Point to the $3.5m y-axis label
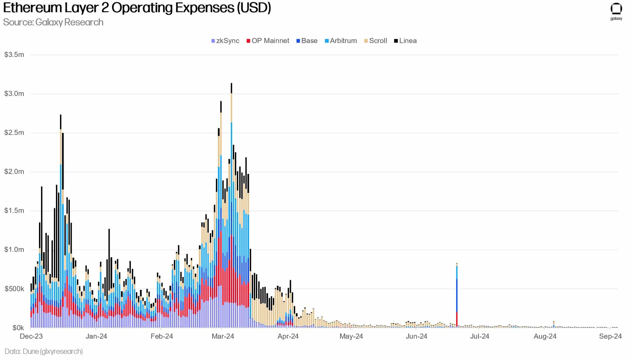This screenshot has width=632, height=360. (x=14, y=55)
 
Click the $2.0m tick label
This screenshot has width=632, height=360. (x=14, y=172)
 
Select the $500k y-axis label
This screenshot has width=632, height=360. (x=14, y=289)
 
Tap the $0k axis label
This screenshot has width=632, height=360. (x=18, y=328)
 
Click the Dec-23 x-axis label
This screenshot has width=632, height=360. (x=31, y=336)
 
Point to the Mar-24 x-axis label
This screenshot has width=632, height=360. (x=223, y=336)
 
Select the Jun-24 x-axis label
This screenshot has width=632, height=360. (x=416, y=336)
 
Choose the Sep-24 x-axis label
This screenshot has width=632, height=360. (x=610, y=336)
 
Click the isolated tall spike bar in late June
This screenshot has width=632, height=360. (x=457, y=295)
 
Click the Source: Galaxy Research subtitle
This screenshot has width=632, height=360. (x=53, y=22)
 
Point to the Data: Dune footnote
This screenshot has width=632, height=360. (x=44, y=351)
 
